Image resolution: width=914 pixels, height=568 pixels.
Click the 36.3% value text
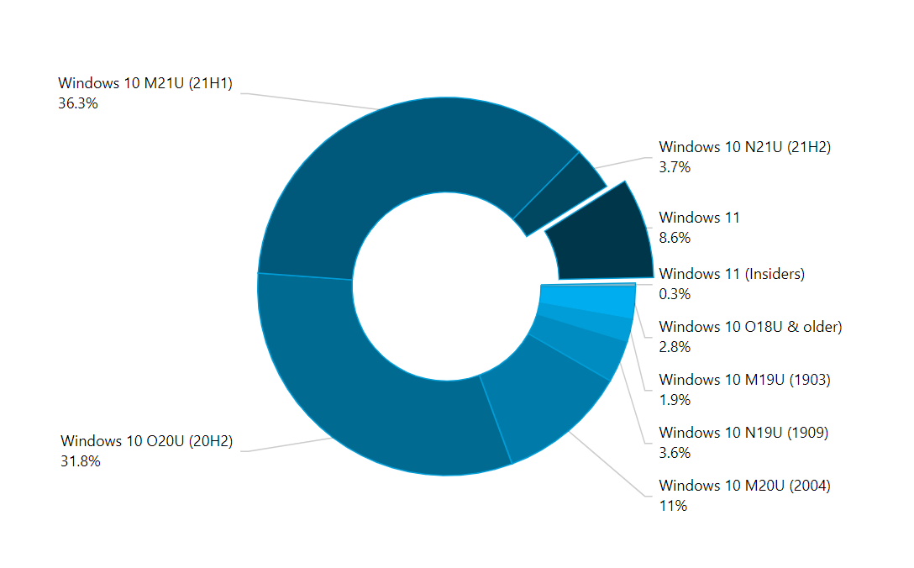(x=77, y=103)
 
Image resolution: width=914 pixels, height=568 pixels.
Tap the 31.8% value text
(x=80, y=460)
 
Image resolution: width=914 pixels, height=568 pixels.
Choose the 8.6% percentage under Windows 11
(x=675, y=238)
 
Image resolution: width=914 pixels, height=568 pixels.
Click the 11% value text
(x=673, y=506)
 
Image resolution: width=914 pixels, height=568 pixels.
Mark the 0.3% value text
(x=675, y=293)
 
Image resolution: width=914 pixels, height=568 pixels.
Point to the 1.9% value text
(x=675, y=400)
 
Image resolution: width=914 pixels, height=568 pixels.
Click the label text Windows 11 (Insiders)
(x=732, y=274)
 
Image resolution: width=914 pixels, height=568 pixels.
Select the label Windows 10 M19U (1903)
(x=744, y=380)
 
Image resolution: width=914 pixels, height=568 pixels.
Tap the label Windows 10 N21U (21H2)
(x=744, y=147)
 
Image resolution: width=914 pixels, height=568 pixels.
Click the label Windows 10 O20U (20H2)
(x=146, y=441)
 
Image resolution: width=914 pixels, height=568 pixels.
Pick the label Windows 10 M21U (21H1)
(x=144, y=83)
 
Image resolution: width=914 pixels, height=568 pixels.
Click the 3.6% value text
(x=675, y=453)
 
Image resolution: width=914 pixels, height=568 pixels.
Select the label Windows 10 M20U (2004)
(x=744, y=486)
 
